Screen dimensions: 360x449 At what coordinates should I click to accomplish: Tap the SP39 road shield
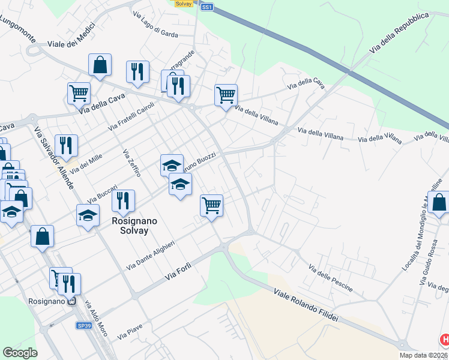[x=83, y=325]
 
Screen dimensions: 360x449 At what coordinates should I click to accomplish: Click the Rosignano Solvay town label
[x=135, y=226]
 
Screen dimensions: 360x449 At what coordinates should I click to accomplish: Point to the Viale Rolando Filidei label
[x=306, y=305]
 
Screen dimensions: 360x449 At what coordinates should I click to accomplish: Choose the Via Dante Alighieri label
[x=151, y=255]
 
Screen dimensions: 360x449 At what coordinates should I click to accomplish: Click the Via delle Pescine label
[x=330, y=278]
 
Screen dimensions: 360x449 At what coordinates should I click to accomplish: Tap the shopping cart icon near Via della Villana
[x=226, y=95]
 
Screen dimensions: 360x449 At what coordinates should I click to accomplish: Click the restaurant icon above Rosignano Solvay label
[x=124, y=201]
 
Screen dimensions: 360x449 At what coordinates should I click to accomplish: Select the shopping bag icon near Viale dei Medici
[x=100, y=65]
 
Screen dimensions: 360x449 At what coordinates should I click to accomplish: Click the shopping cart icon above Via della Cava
[x=79, y=94]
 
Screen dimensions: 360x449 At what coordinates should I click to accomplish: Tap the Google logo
[x=20, y=353]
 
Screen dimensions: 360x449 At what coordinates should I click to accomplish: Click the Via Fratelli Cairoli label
[x=131, y=116]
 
